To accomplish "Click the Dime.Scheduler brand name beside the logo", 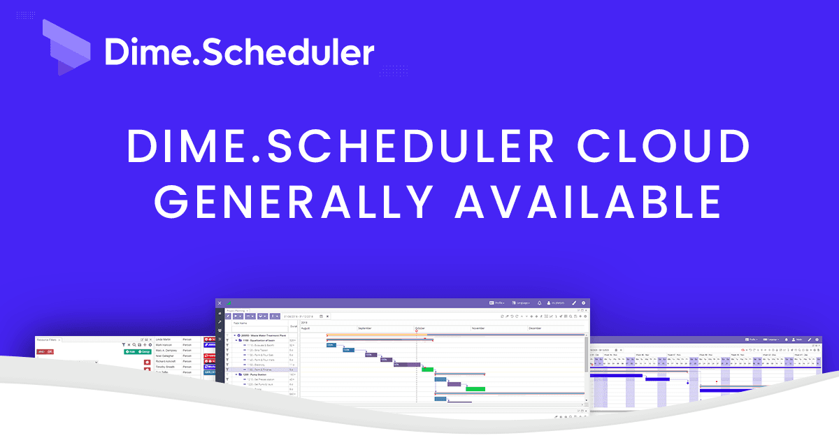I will pos(239,52).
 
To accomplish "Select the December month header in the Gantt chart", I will pos(535,328).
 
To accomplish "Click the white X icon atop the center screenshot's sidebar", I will pos(220,303).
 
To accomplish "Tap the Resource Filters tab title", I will pos(48,340).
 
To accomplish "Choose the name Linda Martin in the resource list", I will pos(164,340).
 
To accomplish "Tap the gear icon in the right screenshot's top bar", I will pos(817,340).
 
